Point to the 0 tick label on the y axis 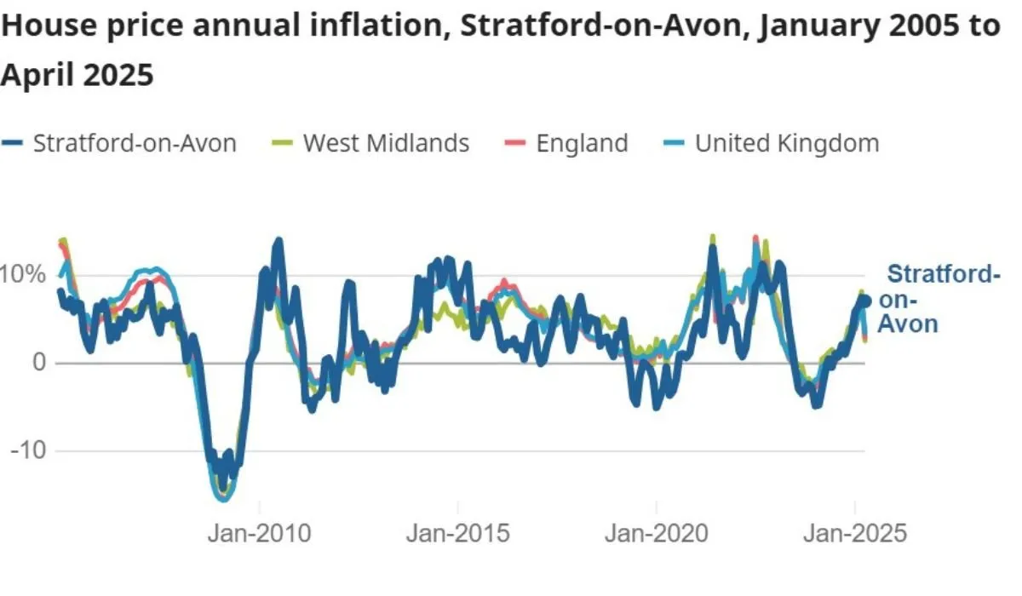pos(37,363)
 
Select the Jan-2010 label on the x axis pos(260,533)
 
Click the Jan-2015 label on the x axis pos(457,533)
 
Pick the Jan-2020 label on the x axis pos(657,533)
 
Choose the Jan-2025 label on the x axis pos(856,533)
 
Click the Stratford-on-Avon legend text pos(135,143)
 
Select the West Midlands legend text pos(386,143)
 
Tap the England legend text pos(582,143)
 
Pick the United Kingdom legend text pos(787,143)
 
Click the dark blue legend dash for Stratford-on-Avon pos(12,144)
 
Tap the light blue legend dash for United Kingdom pos(674,144)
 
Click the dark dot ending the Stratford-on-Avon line pos(865,301)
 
